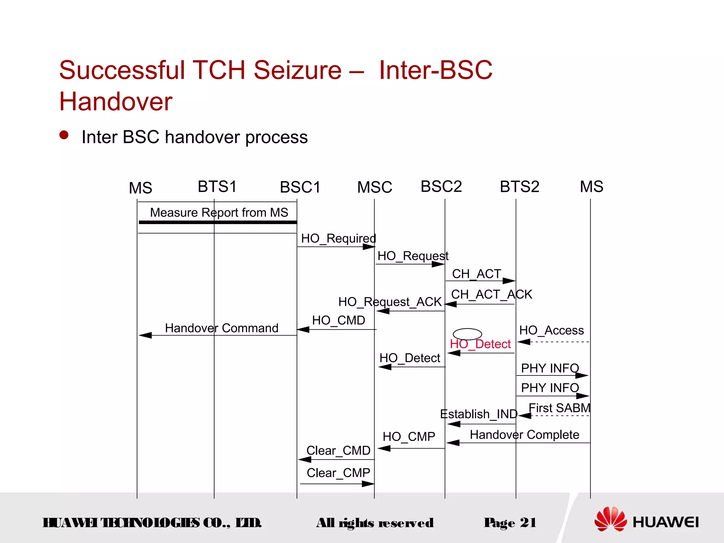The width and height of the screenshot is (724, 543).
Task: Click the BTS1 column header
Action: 217,186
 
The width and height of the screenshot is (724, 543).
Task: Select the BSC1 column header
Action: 300,187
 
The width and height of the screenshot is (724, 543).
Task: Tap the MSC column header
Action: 374,187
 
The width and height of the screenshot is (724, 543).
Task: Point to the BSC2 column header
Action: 441,186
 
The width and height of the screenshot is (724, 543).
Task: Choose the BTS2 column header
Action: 519,186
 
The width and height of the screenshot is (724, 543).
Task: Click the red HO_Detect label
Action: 480,344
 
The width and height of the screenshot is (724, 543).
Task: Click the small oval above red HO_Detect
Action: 467,334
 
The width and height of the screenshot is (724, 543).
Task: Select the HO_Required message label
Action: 338,238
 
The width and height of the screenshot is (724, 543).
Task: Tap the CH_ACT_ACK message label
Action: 491,294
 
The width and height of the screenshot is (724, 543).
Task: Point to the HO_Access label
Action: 551,330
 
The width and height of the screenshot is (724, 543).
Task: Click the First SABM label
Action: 559,408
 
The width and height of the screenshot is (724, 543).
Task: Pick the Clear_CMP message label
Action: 338,473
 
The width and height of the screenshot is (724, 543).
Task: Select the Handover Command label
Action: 222,328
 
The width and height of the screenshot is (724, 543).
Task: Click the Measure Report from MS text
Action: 219,212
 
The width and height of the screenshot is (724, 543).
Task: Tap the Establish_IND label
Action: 479,414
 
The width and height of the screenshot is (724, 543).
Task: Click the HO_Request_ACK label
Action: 390,302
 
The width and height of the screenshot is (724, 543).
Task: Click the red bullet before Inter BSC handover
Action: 64,135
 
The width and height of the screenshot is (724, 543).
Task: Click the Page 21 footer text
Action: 510,522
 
